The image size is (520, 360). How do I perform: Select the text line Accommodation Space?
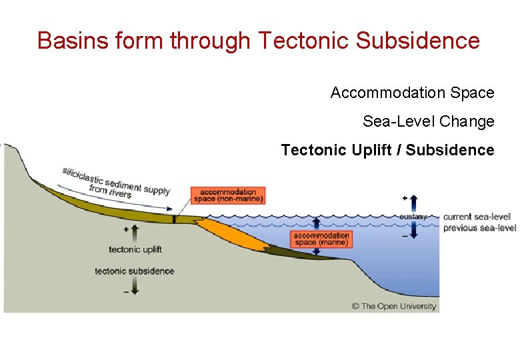pyautogui.click(x=412, y=93)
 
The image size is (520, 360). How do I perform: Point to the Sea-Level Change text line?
pyautogui.click(x=428, y=121)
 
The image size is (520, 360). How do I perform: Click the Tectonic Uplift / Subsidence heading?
pyautogui.click(x=387, y=150)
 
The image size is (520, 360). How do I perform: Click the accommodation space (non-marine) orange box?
pyautogui.click(x=228, y=195)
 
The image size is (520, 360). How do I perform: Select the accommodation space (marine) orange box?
pyautogui.click(x=321, y=239)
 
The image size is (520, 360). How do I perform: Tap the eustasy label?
pyautogui.click(x=413, y=217)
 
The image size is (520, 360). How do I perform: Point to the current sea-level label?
pyautogui.click(x=477, y=217)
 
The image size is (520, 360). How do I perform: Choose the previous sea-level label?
pyautogui.click(x=479, y=228)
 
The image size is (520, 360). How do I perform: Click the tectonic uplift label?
pyautogui.click(x=135, y=249)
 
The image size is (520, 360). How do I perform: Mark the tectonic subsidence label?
pyautogui.click(x=135, y=271)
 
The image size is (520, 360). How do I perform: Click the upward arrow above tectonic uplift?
pyautogui.click(x=135, y=233)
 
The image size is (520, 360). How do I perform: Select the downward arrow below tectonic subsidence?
pyautogui.click(x=135, y=285)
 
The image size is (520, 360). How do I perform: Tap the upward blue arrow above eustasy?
pyautogui.click(x=413, y=203)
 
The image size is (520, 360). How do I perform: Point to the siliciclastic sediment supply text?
pyautogui.click(x=117, y=181)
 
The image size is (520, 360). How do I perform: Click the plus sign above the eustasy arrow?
pyautogui.click(x=405, y=198)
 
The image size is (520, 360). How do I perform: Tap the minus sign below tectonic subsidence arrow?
pyautogui.click(x=126, y=292)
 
